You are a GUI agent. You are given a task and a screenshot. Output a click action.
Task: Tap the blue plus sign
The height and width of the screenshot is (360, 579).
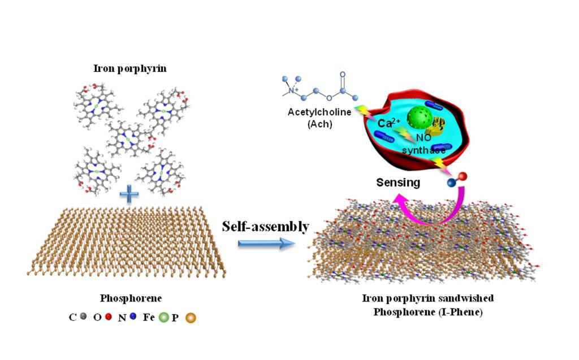[x=129, y=196]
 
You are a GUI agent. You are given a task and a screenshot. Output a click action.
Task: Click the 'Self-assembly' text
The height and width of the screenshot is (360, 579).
[x=265, y=227]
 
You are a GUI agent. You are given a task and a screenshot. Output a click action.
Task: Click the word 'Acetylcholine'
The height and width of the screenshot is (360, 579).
[x=319, y=112]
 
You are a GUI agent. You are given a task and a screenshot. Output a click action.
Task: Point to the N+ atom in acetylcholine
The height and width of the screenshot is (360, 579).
[x=292, y=90]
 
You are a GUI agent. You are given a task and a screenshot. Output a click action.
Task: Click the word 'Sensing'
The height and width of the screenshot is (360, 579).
[x=399, y=183]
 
